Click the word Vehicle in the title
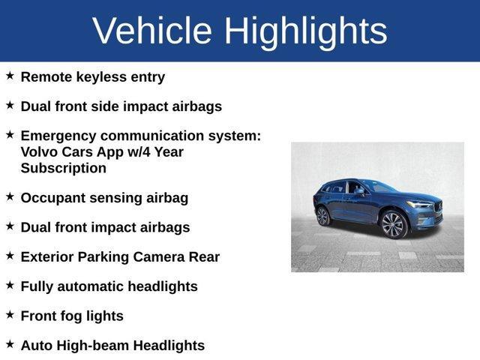[x=153, y=31]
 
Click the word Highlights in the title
[x=305, y=31]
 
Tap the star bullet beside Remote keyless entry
[x=10, y=76]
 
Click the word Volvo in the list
[x=40, y=151]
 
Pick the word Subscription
[x=64, y=168]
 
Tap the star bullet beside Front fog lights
[x=10, y=315]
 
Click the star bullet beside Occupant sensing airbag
[x=10, y=196]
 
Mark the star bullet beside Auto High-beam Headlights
[x=10, y=344]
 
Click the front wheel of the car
[x=393, y=224]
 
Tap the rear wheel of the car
[x=323, y=217]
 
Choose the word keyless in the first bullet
[x=103, y=76]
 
